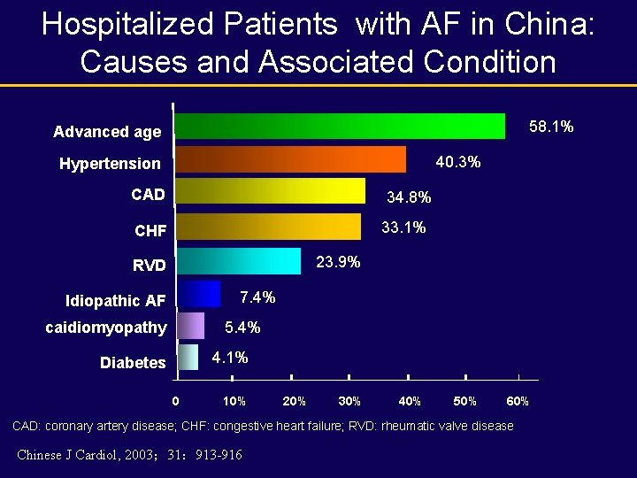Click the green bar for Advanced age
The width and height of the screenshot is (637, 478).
pos(341,127)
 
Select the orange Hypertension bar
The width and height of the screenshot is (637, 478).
pos(291,159)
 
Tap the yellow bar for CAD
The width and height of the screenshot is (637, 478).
pos(271,191)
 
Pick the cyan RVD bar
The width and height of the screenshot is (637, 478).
pos(239,261)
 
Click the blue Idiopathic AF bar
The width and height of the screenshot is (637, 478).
pos(198,294)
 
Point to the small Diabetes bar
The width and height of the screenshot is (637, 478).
pos(188,358)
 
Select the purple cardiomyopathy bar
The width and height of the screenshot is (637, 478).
pos(190,326)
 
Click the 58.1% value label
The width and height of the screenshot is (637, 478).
pos(551,127)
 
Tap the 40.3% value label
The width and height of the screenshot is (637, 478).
pos(458,161)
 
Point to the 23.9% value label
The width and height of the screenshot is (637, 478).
pos(338,262)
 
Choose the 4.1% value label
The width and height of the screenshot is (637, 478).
pos(230,358)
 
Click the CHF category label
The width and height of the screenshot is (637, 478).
pos(150,232)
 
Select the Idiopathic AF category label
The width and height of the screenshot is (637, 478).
pos(115,301)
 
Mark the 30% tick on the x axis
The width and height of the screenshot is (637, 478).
pos(349,401)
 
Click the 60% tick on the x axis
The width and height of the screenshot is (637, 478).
pos(518,401)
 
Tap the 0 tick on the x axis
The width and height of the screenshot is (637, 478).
pos(175,401)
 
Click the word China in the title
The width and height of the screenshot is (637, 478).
pos(541,24)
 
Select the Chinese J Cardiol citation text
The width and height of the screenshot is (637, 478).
pos(129,455)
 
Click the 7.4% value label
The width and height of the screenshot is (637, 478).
pos(257,297)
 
